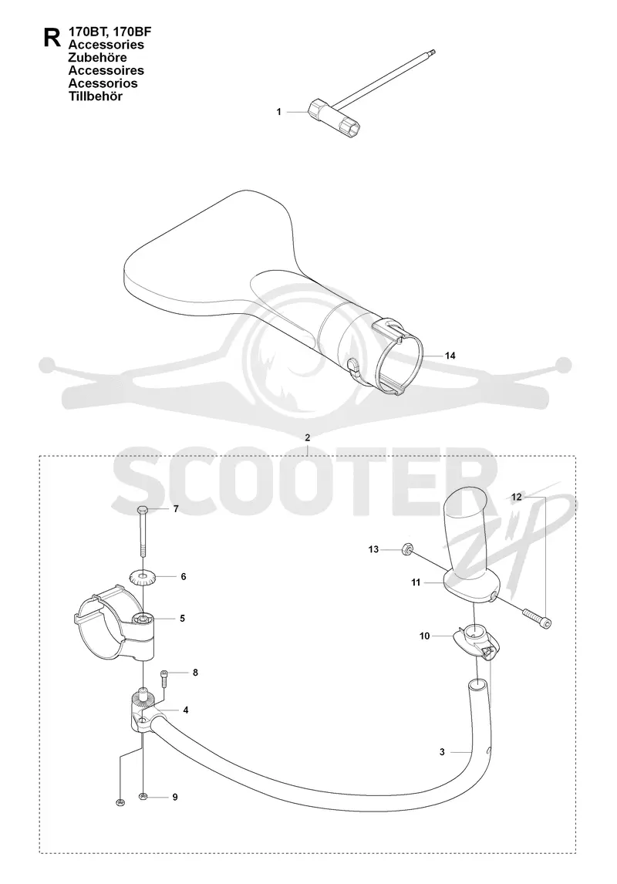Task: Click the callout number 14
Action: [x=450, y=356]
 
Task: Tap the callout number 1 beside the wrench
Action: [x=278, y=112]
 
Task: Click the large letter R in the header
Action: [x=52, y=37]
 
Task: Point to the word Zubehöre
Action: [x=97, y=58]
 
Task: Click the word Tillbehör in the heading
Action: [x=95, y=96]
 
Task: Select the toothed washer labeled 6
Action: [x=143, y=577]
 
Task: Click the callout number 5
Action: [x=182, y=619]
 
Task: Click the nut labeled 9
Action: [x=143, y=796]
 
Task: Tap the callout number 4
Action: [x=185, y=710]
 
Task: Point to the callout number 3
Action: [x=443, y=751]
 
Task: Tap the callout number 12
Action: [x=517, y=498]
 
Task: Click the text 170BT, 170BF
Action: [x=110, y=32]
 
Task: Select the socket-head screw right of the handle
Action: [x=537, y=618]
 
